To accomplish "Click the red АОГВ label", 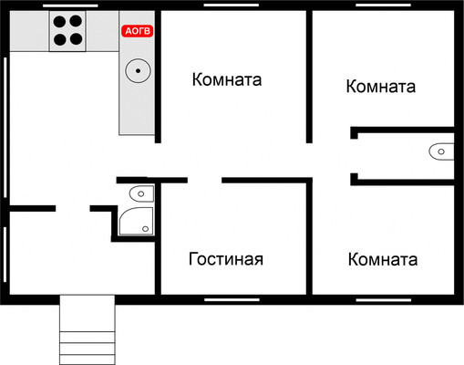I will [x=138, y=31].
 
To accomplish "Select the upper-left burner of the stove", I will [x=58, y=23].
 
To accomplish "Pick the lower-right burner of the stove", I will [x=75, y=38].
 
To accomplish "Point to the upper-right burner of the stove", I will [x=75, y=23].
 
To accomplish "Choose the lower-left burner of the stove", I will [x=58, y=38].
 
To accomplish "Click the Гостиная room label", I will [x=226, y=259].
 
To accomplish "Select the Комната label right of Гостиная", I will [x=383, y=260].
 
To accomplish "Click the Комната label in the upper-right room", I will [x=381, y=87].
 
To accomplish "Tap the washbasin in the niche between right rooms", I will [x=440, y=151].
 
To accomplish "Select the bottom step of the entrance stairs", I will [x=89, y=357].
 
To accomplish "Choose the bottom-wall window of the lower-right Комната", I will [x=384, y=298].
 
